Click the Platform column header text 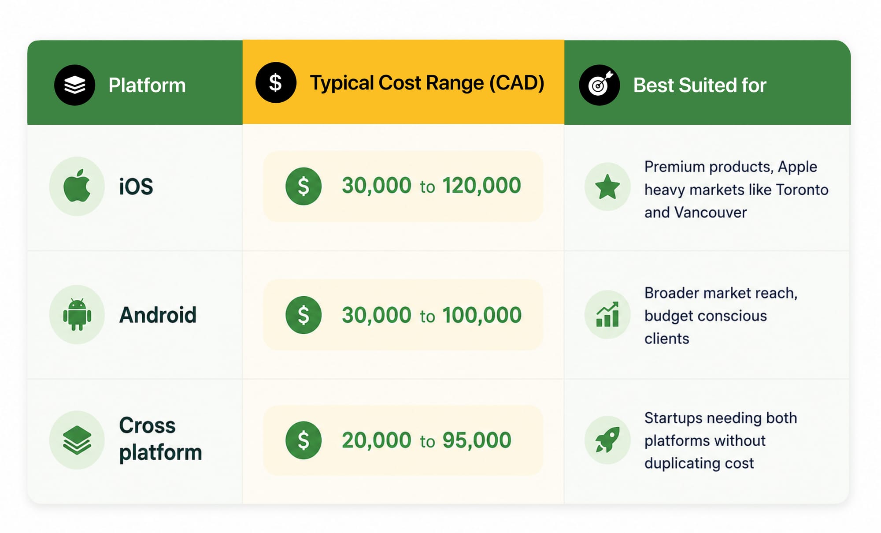[x=147, y=85]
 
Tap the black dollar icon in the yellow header [x=276, y=82]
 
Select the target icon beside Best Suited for [x=599, y=85]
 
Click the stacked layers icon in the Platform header [x=74, y=85]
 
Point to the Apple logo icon [x=77, y=186]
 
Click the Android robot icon [x=77, y=314]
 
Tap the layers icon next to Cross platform [x=77, y=440]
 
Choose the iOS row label [x=136, y=186]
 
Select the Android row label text [x=158, y=315]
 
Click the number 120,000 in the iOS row [x=481, y=185]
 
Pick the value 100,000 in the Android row [x=482, y=315]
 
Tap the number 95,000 [x=477, y=440]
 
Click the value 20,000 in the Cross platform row [x=377, y=440]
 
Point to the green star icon [x=607, y=186]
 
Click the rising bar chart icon [x=607, y=314]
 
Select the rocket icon [x=607, y=440]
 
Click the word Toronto [x=802, y=190]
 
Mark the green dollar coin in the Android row [x=304, y=315]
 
